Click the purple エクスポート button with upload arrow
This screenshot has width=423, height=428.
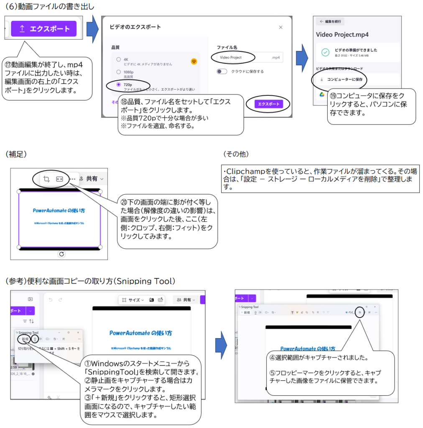pyautogui.click(x=43, y=29)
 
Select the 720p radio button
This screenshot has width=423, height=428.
pyautogui.click(x=119, y=84)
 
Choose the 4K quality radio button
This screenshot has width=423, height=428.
pyautogui.click(x=119, y=59)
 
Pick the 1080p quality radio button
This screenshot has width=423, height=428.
pyautogui.click(x=119, y=72)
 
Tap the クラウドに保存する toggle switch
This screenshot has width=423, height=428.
pyautogui.click(x=222, y=71)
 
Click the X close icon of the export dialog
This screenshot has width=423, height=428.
pyautogui.click(x=280, y=27)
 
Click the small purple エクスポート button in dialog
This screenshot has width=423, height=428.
pyautogui.click(x=269, y=104)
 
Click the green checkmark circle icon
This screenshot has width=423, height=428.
pyautogui.click(x=325, y=52)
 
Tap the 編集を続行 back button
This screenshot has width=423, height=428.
pyautogui.click(x=330, y=21)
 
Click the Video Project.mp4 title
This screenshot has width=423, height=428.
pyautogui.click(x=342, y=35)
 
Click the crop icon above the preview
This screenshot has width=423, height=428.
pyautogui.click(x=46, y=179)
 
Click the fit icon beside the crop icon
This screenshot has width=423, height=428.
pyautogui.click(x=60, y=179)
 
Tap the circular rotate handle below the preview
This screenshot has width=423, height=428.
pyautogui.click(x=61, y=254)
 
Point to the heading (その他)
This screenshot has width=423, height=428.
pyautogui.click(x=236, y=154)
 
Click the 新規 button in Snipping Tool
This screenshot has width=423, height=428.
pyautogui.click(x=25, y=339)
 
